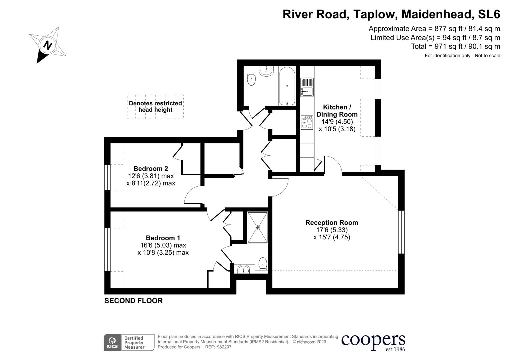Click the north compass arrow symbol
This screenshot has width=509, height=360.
point(47,45)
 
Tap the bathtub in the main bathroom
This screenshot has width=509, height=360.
point(287,86)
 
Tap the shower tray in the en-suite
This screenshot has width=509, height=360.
point(258,228)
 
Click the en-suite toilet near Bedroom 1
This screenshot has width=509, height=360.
point(263,263)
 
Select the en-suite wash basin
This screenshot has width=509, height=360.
point(244,269)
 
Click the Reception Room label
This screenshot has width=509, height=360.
point(332,223)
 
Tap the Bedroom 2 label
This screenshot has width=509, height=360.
point(151,169)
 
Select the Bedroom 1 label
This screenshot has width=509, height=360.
point(163,238)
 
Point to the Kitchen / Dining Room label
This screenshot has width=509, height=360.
point(337,111)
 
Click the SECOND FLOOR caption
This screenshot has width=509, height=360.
point(133,301)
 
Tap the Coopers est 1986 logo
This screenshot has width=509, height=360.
point(373,342)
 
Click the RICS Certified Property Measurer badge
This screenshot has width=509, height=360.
point(129,342)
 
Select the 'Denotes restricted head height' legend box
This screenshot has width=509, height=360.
point(155,107)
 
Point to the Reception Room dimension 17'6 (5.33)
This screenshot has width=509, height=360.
point(332,230)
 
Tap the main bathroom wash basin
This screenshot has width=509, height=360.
point(266,71)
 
